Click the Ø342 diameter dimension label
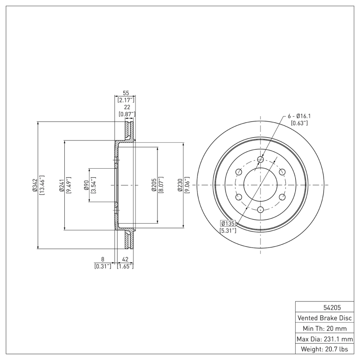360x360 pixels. [34, 184]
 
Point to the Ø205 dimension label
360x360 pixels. [154, 184]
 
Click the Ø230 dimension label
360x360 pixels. [180, 184]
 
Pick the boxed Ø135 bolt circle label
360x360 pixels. [228, 223]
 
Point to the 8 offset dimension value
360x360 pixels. [103, 259]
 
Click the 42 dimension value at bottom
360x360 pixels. [125, 259]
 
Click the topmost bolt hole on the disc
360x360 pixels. [261, 159]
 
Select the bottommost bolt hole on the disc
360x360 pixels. [261, 209]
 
